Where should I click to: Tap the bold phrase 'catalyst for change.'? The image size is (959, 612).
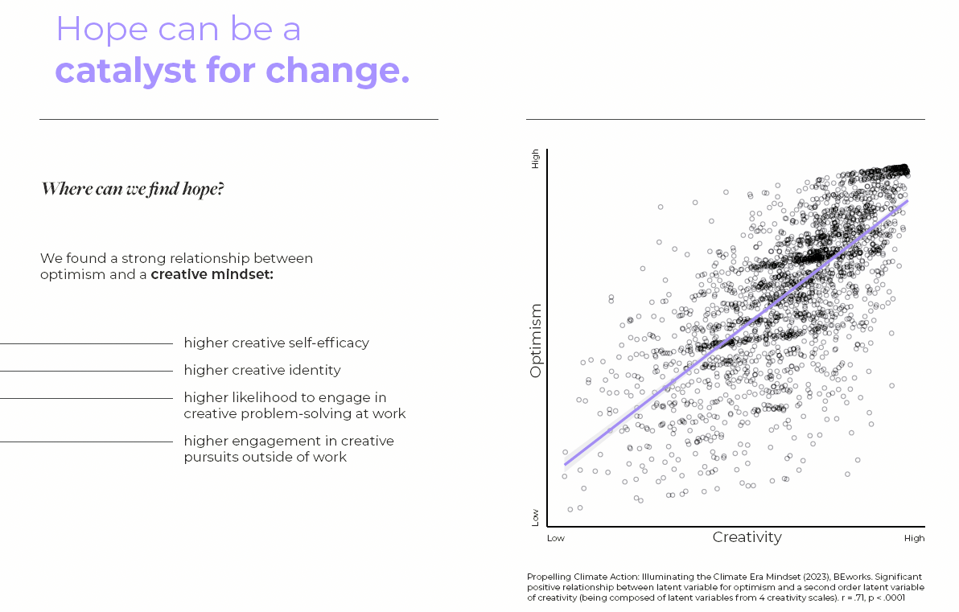click(232, 71)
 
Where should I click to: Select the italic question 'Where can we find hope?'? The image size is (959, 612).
click(133, 190)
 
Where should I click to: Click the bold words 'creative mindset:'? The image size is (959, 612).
click(212, 274)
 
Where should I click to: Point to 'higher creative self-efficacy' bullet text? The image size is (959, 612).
click(276, 343)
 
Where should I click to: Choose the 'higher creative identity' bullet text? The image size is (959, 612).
click(262, 371)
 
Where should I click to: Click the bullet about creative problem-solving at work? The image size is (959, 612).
click(294, 405)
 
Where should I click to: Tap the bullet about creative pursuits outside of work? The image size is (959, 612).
click(289, 449)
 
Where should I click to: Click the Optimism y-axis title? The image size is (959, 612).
click(537, 340)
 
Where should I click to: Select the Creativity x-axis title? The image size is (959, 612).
click(747, 537)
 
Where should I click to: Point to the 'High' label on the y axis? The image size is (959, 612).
click(536, 160)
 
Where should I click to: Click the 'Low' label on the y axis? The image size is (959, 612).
click(536, 517)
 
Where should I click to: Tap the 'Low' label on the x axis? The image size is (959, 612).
click(556, 538)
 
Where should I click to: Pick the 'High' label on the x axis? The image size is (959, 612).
click(914, 538)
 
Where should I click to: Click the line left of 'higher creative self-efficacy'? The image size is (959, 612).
click(86, 344)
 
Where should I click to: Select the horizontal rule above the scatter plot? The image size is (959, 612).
click(725, 119)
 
